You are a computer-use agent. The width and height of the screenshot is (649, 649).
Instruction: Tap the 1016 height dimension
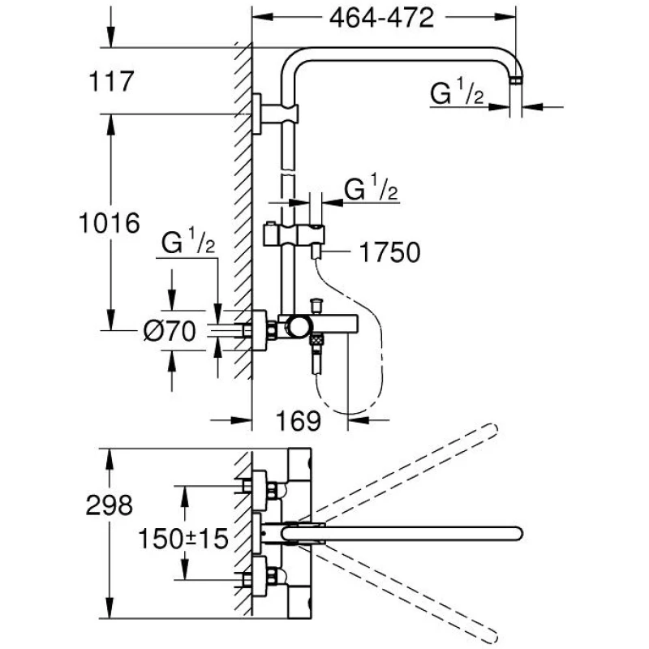(111, 221)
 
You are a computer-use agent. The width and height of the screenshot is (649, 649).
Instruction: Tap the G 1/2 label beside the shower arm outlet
(457, 95)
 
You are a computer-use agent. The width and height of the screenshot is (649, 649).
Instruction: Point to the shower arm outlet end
(517, 80)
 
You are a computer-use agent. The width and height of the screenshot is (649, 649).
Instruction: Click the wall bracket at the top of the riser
(258, 113)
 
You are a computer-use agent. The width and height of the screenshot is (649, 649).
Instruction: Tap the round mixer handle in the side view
(297, 328)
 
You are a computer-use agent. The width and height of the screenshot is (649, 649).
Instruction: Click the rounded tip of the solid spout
(513, 535)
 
